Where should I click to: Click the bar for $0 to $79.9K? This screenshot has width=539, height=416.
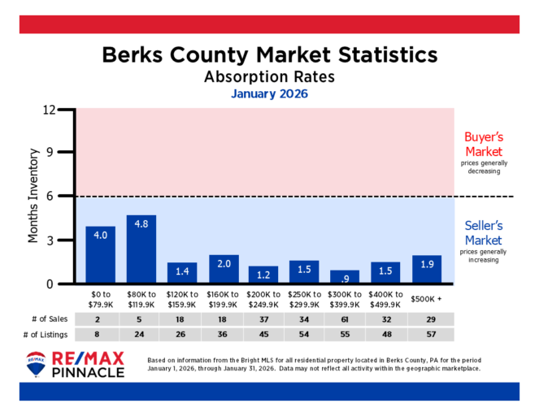(100, 255)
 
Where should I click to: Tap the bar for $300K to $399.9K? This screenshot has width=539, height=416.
(344, 277)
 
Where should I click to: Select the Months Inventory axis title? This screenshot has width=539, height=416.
(34, 196)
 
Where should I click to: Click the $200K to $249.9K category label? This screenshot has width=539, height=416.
(263, 300)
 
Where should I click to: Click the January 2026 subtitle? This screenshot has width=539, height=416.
(269, 94)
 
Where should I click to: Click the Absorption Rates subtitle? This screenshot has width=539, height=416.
(269, 77)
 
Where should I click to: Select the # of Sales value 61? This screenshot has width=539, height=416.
(344, 320)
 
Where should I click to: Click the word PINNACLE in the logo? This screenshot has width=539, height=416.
(89, 372)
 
